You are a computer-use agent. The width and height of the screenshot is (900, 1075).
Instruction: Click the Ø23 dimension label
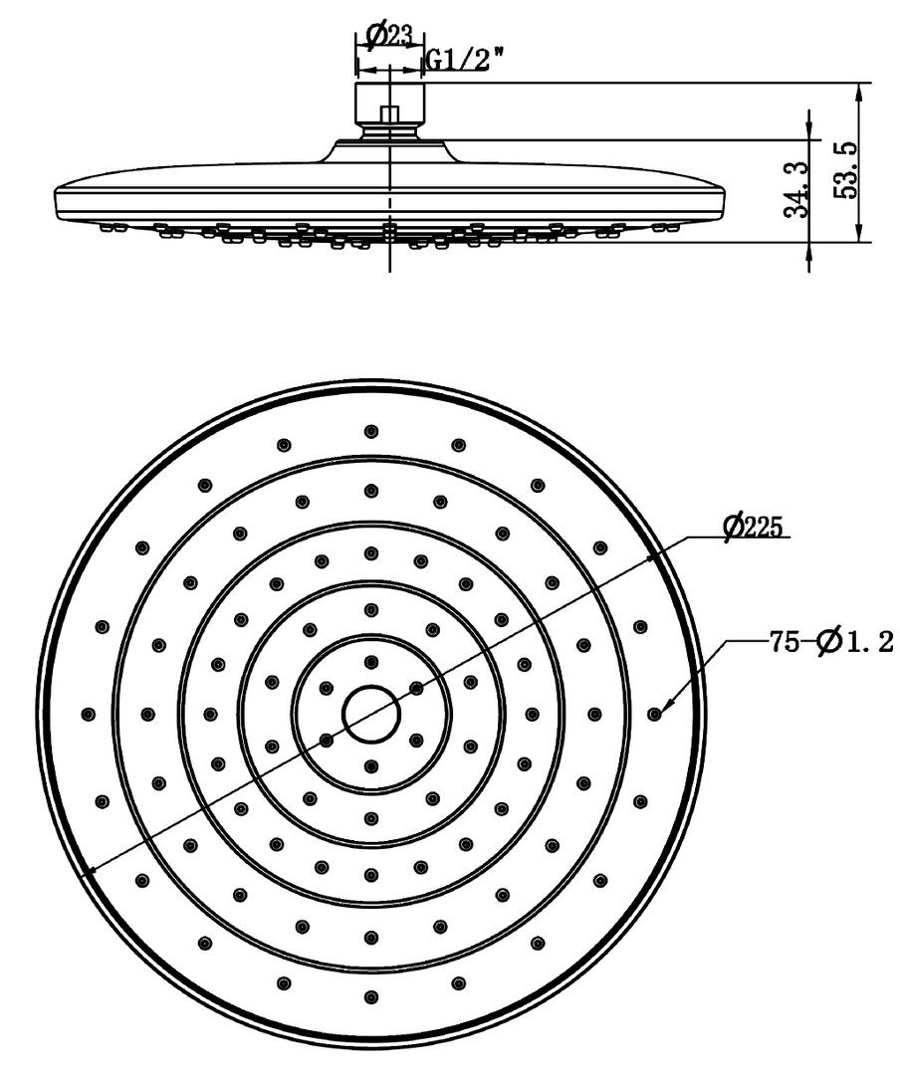coord(389,36)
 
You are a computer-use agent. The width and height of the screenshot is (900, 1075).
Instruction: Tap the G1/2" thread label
coord(465,61)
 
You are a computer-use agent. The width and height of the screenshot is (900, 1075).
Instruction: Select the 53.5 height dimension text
coord(845,171)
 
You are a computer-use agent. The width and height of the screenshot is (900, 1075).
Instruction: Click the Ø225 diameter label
coord(753,527)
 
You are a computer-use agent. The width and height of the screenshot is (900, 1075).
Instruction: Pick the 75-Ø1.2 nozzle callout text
coord(830,642)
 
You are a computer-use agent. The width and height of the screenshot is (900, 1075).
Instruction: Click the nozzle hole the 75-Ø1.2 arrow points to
coord(654,715)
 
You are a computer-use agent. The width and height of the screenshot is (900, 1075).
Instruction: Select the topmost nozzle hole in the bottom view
coord(371,431)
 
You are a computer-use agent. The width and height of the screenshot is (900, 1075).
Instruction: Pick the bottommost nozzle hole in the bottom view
coord(371,996)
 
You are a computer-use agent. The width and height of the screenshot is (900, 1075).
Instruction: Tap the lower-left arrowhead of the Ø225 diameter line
coord(91,872)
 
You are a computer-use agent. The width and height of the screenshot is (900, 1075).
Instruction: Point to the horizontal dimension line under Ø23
coord(389,70)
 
